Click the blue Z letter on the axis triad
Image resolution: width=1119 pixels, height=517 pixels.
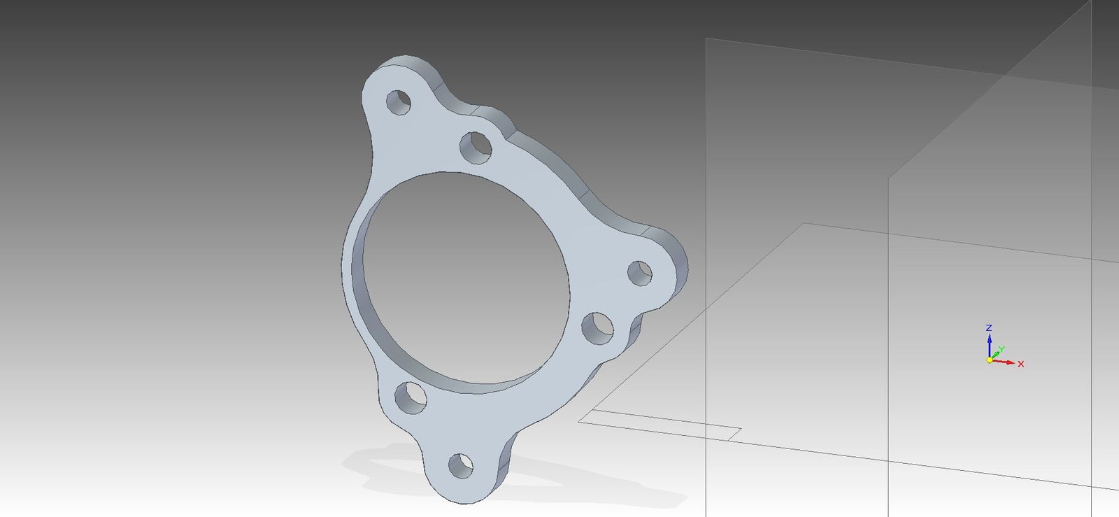(x=989, y=327)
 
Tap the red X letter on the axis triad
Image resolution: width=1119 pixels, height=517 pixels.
(x=1020, y=364)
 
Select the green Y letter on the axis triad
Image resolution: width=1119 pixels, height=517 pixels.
(x=1001, y=349)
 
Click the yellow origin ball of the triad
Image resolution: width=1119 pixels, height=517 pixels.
(x=989, y=360)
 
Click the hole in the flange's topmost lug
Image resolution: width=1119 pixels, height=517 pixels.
(x=399, y=102)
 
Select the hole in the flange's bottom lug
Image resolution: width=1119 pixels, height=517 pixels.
(x=461, y=465)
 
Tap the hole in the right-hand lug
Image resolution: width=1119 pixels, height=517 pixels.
(x=640, y=274)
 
